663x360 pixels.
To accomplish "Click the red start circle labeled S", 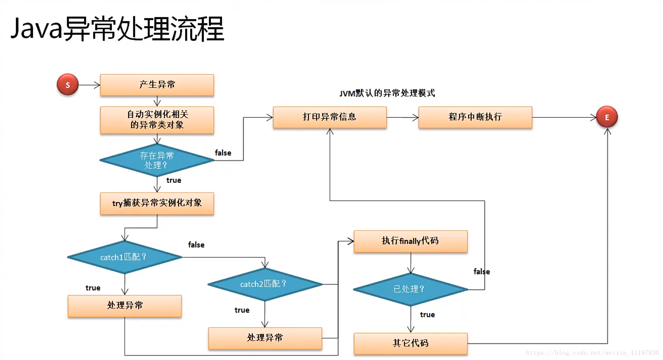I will pos(68,85).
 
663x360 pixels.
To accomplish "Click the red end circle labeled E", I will pos(607,117).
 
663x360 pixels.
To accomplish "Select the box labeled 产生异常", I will pos(157,85).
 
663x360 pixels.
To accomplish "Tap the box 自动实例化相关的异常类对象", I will pos(157,120).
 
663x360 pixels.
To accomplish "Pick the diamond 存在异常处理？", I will pos(157,160).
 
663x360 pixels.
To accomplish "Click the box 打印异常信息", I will pos(330,117).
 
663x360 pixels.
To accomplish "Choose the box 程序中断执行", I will pos(475,117).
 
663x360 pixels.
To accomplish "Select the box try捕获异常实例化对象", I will pos(157,203).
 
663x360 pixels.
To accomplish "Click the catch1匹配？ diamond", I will pos(124,257).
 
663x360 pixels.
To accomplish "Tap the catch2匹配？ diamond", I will pos(265,284).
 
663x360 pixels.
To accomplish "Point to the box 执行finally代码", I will pos(410,241).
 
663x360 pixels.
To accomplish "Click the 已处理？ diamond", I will pos(410,289).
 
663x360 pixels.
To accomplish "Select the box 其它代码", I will pos(410,343).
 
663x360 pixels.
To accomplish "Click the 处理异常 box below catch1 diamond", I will pos(125,306).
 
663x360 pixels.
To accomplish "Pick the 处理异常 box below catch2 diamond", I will pos(265,338).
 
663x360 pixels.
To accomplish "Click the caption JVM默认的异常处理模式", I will pos(387,93).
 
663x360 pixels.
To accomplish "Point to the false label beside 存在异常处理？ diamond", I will pos(223,153).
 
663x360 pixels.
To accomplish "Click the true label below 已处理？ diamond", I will pos(427,315).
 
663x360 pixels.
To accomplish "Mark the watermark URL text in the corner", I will pos(592,353).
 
